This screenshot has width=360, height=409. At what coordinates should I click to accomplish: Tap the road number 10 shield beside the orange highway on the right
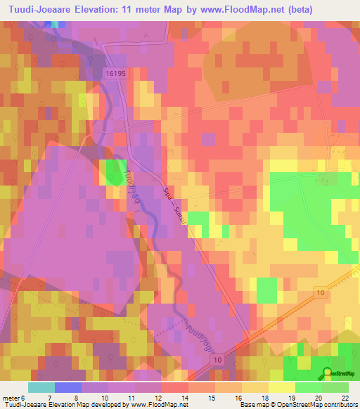pos(321,292)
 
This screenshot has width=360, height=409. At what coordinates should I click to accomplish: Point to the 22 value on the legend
pos(344,397)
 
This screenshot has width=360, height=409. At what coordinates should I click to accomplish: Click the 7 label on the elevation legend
pos(50,397)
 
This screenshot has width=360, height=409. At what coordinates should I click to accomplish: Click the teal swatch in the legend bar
pos(41,387)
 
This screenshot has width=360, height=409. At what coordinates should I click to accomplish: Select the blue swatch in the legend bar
pos(68,387)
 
